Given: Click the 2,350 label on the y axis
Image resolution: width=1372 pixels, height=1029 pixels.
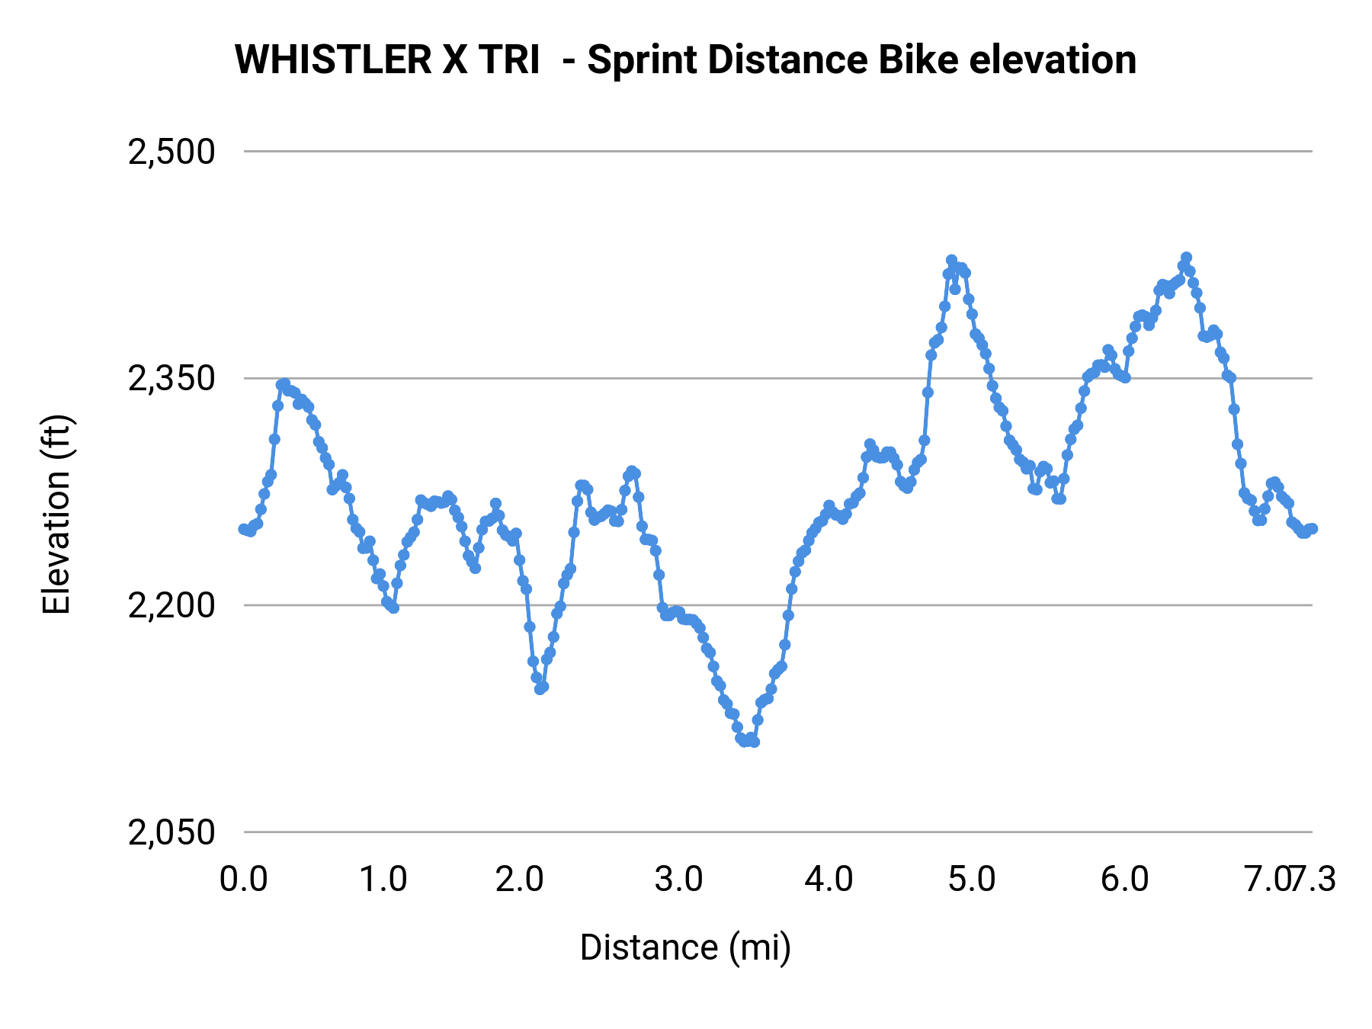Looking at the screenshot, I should click(x=171, y=379).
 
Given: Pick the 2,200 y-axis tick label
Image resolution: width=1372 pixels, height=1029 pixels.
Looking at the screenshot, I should click(x=171, y=606).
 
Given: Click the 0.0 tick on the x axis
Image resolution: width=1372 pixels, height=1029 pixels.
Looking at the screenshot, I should click(x=244, y=880).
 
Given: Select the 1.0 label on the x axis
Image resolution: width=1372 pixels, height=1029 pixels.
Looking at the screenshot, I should click(x=383, y=880).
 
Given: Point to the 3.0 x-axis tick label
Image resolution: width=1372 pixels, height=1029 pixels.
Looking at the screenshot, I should click(x=678, y=880).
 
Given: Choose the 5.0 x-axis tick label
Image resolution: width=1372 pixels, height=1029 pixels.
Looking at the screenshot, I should click(x=972, y=880).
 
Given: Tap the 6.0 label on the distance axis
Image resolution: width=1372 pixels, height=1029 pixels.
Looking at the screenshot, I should click(x=1124, y=880).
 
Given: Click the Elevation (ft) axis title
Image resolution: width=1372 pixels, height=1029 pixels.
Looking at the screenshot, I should click(x=56, y=514).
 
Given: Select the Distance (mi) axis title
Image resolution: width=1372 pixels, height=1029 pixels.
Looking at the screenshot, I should click(x=685, y=947).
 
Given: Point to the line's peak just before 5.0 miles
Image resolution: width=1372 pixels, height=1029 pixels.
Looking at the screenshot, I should click(x=951, y=261).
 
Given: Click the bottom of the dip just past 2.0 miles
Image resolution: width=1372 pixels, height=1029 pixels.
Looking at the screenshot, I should click(x=540, y=688).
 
